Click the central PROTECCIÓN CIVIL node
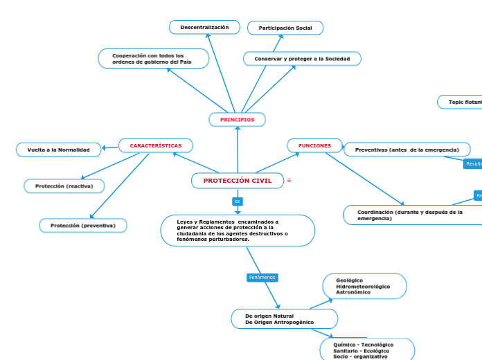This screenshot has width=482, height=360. tap(238, 181)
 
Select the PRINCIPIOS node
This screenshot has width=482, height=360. tap(238, 120)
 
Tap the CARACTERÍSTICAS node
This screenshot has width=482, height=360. tap(156, 146)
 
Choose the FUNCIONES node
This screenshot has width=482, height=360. tap(314, 145)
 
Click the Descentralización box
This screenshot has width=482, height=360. tap(204, 27)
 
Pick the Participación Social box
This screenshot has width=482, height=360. tap(285, 28)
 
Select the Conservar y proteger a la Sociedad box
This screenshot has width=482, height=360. tap(302, 59)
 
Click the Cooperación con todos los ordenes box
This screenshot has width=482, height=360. tap(154, 59)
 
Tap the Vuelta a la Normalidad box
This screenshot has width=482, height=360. tap(58, 150)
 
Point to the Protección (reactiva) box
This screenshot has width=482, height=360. tap(64, 186)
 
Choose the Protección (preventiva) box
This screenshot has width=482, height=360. tap(83, 226)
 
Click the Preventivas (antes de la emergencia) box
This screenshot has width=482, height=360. tap(407, 150)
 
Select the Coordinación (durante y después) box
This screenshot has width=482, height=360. tap(412, 215)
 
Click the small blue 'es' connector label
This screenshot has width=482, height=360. tap(238, 201)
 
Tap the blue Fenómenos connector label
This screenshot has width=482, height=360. tap(262, 277)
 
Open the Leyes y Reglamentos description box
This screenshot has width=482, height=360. tap(238, 231)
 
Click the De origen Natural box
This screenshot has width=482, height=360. tap(284, 319)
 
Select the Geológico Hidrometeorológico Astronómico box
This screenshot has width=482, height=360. tap(364, 287)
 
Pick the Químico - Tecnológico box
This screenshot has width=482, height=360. tap(367, 350)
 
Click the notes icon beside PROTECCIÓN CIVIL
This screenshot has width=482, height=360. tap(289, 181)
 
